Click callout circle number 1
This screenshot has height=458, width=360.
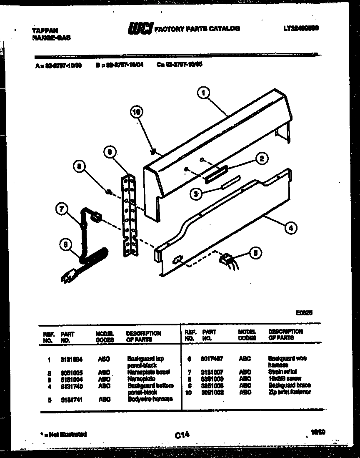coord(203,93)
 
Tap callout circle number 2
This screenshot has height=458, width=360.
coord(261,158)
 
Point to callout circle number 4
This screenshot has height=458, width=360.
coord(290,228)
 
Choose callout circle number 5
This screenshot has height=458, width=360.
coord(256,252)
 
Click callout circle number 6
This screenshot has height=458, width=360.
coord(65,246)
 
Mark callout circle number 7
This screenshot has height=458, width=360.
coord(61,209)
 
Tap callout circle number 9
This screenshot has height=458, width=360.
coord(109,153)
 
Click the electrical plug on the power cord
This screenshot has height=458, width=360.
coord(69,275)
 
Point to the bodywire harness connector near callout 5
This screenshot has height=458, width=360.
coord(225,259)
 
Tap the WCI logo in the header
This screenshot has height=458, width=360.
coord(140,28)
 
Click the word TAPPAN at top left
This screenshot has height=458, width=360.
coord(45,30)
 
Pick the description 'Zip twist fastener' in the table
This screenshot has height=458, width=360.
coord(290,392)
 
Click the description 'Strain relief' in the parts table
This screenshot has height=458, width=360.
coord(282,371)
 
